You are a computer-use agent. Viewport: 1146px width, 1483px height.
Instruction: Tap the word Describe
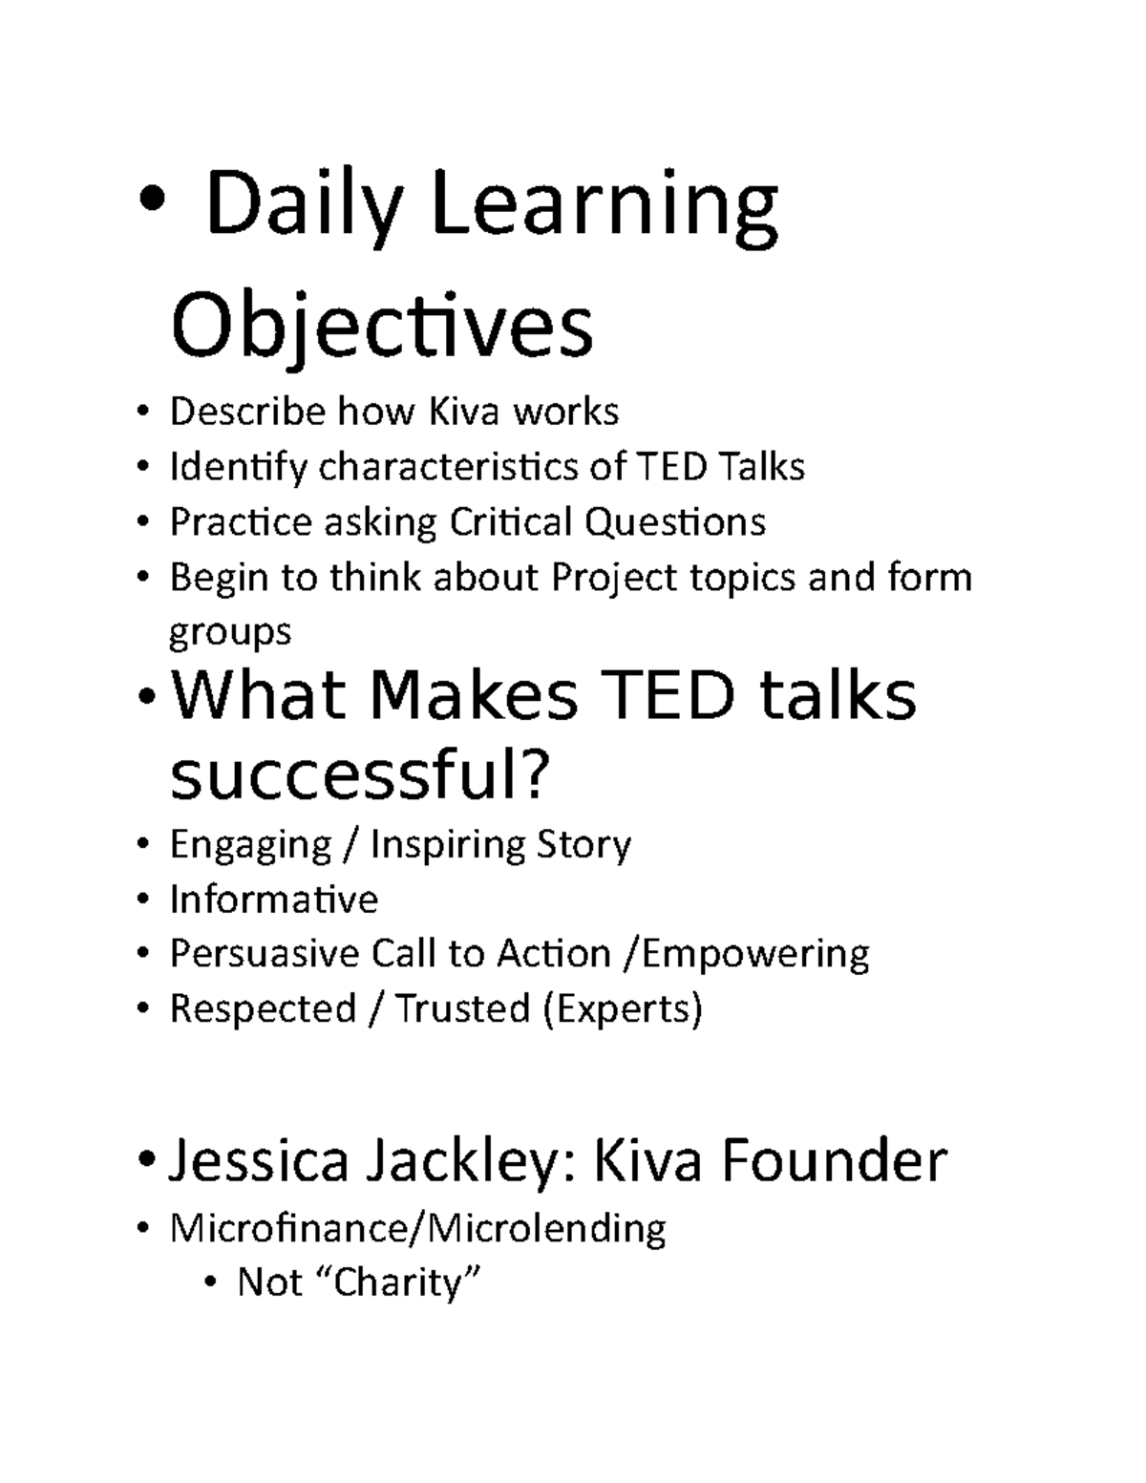(247, 412)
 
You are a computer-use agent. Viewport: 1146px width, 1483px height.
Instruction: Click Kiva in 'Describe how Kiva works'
(463, 412)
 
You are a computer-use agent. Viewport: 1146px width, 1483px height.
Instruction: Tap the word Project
(603, 578)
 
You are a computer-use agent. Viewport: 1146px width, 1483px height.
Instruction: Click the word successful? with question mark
(360, 777)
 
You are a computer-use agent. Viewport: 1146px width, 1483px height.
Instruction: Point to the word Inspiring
(448, 845)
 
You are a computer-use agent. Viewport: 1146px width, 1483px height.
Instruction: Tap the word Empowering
(754, 954)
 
